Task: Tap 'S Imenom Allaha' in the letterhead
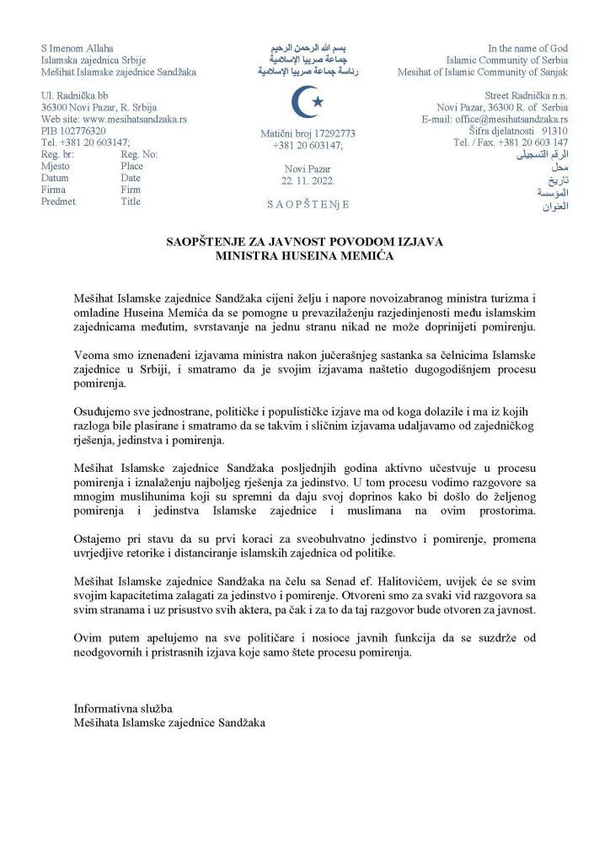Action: (x=77, y=48)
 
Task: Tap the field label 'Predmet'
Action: (x=58, y=202)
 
